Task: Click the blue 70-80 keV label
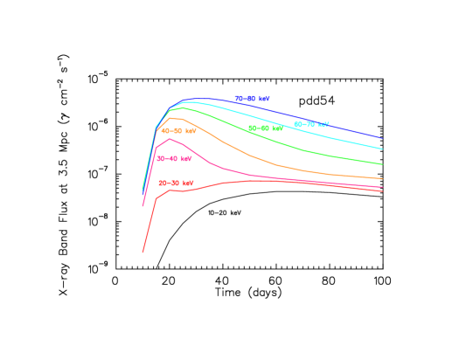(x=252, y=99)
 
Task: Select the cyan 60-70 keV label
(x=311, y=125)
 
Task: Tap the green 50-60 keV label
(x=265, y=128)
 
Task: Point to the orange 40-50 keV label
(x=178, y=131)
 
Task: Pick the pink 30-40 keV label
(x=174, y=159)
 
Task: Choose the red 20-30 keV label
(x=176, y=183)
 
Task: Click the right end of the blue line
(x=383, y=138)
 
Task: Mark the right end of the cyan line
(x=383, y=149)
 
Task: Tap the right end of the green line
(x=383, y=164)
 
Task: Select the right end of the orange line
(x=383, y=179)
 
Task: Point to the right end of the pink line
(x=383, y=187)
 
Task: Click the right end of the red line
(x=383, y=190)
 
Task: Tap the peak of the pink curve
(x=170, y=139)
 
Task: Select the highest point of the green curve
(x=181, y=108)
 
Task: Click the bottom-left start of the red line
(x=143, y=253)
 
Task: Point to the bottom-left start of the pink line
(x=143, y=206)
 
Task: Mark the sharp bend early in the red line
(x=156, y=198)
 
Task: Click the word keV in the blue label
(x=262, y=99)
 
